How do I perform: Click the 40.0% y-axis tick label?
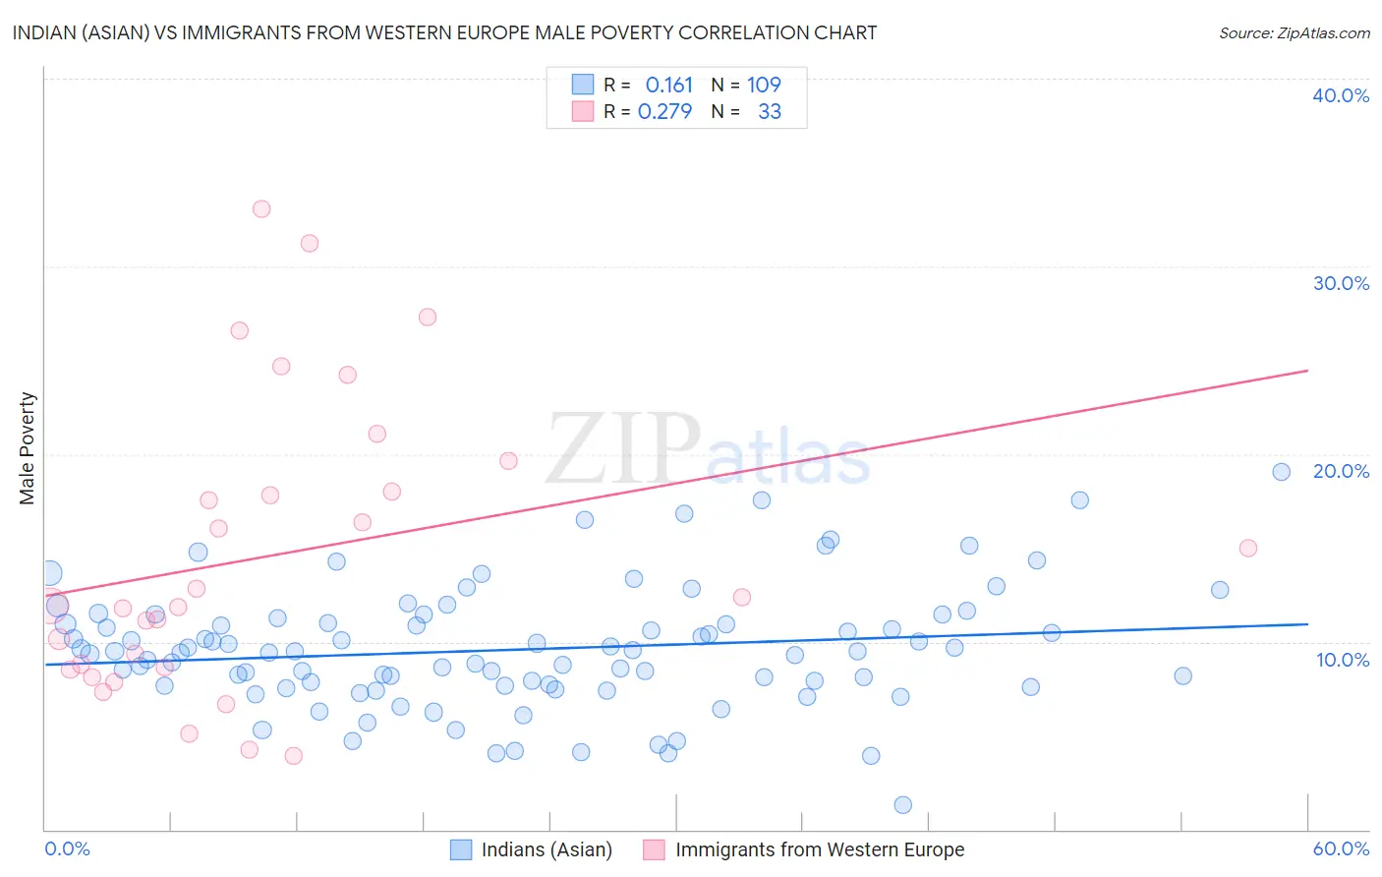point(1341,95)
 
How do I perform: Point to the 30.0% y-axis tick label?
point(1341,283)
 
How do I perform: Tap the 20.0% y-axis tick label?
point(1341,471)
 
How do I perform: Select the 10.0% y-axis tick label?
point(1343,660)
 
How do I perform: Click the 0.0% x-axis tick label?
point(68,848)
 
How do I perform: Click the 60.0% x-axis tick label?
point(1341,848)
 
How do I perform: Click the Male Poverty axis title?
point(28,448)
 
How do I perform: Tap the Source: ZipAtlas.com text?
point(1294,33)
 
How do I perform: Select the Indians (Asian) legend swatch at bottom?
point(461,849)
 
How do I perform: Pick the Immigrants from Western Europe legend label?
point(819,849)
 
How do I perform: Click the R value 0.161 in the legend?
point(669,86)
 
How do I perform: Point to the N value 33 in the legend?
point(770,112)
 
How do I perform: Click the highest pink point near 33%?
point(261,208)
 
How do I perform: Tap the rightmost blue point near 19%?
point(1281,472)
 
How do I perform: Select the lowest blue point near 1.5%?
point(903,805)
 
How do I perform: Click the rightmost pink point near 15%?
point(1248,549)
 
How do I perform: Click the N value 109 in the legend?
point(764,86)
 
